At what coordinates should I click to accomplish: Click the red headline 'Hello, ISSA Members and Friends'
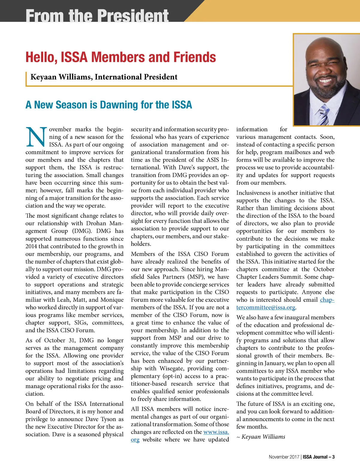tap(121, 57)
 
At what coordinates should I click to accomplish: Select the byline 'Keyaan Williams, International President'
tap(104, 77)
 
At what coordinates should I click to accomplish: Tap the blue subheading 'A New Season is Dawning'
tap(109, 105)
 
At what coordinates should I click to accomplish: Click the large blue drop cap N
tap(36, 137)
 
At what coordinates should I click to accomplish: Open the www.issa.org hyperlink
tap(216, 432)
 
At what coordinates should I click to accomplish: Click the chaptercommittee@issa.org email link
tap(266, 307)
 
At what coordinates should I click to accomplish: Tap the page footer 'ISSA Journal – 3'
tap(319, 457)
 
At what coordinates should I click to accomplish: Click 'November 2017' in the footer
tap(284, 457)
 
